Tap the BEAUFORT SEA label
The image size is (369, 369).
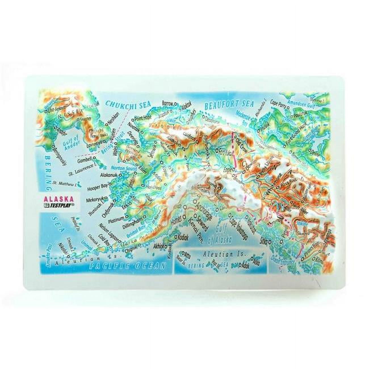point(229,105)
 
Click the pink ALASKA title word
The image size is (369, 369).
point(58,199)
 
